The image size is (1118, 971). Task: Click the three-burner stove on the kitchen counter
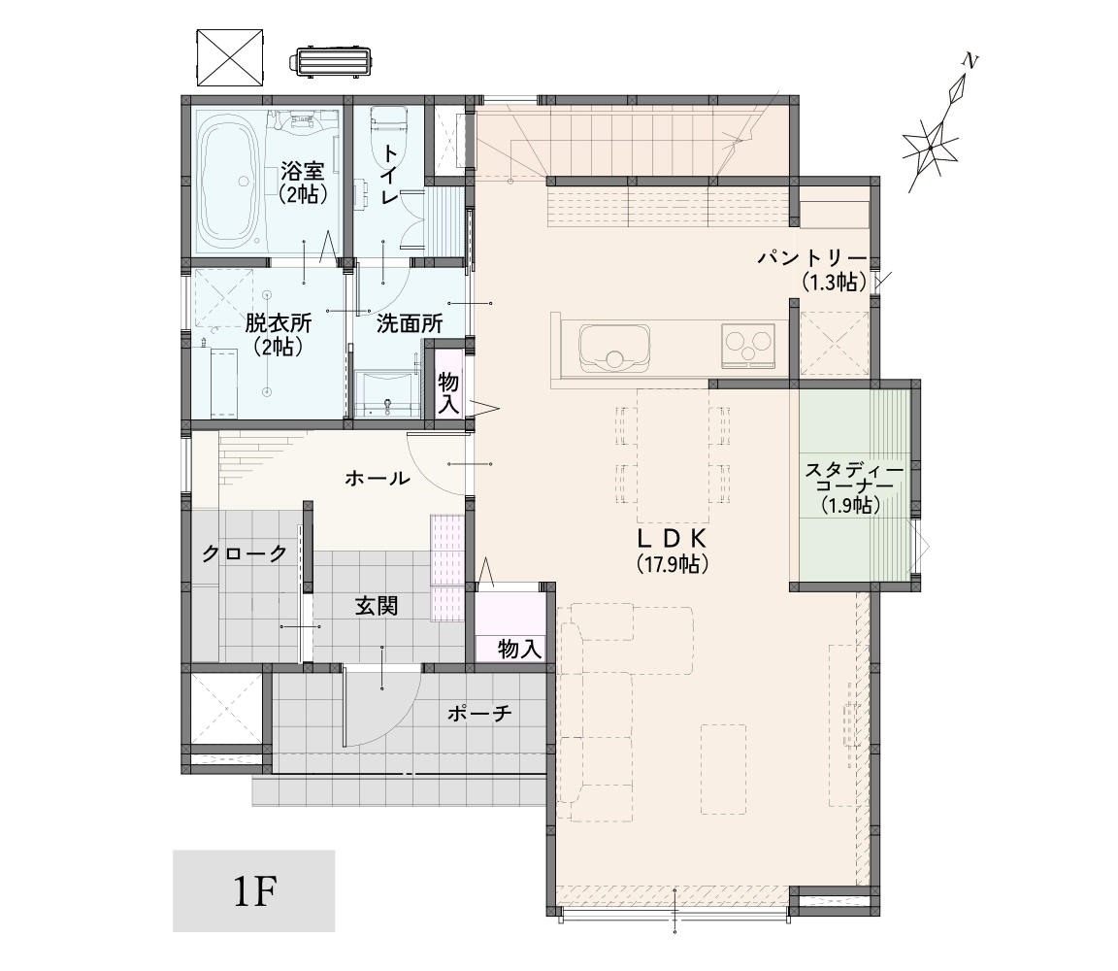[748, 346]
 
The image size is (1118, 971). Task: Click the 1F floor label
[254, 891]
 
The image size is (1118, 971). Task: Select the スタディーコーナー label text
[854, 479]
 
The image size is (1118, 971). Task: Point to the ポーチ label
[479, 712]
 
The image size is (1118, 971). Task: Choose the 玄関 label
[377, 607]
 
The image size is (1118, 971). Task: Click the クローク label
[245, 552]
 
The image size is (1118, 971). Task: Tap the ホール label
[378, 478]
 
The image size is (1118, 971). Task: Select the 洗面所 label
[410, 324]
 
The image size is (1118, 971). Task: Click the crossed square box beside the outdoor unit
[230, 56]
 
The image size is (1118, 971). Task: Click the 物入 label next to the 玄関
[520, 650]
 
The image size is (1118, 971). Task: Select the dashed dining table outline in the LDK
[674, 456]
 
